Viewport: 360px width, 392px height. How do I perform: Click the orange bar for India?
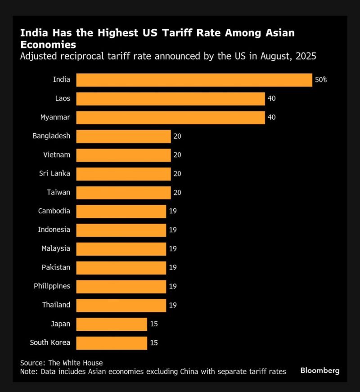click(194, 80)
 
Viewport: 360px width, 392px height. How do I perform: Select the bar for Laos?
click(171, 99)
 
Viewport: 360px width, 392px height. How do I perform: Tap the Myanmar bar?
click(171, 117)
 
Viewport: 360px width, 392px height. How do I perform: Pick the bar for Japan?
click(112, 324)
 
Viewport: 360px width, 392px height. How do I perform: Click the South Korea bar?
click(112, 342)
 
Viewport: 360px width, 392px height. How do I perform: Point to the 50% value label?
click(320, 80)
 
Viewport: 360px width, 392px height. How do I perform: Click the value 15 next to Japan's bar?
click(153, 324)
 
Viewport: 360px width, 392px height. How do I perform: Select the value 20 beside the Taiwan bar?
click(177, 193)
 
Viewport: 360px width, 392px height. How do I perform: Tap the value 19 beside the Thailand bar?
click(172, 305)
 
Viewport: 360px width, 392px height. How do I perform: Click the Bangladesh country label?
click(51, 136)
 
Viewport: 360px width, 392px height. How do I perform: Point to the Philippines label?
click(52, 286)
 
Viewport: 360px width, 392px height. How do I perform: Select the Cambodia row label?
click(54, 211)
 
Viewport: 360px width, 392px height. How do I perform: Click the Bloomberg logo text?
click(320, 371)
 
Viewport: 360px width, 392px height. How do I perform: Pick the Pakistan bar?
click(121, 268)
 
